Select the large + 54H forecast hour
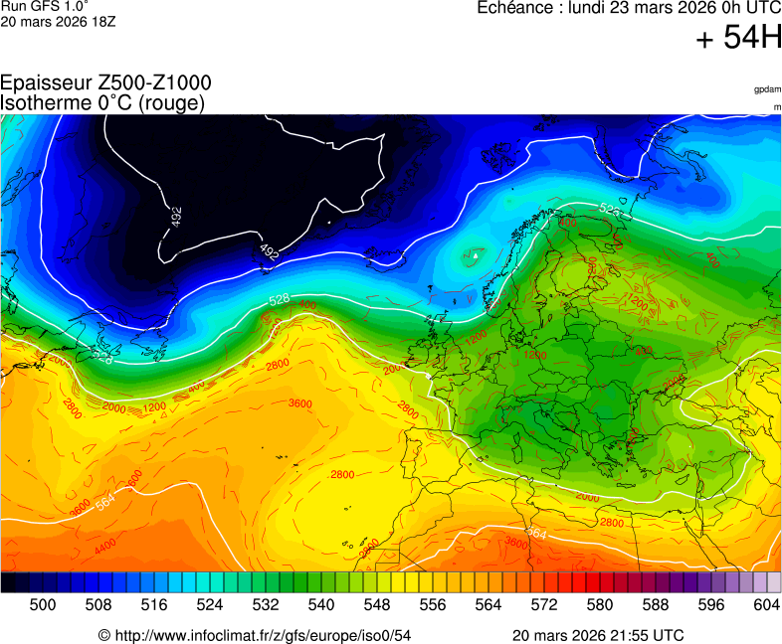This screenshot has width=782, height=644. pyautogui.click(x=738, y=39)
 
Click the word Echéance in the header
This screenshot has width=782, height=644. pyautogui.click(x=515, y=7)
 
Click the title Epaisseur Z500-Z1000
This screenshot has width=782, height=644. pyautogui.click(x=105, y=83)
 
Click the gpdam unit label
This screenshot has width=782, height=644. pyautogui.click(x=766, y=89)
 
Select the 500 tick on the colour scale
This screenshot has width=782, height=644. pyautogui.click(x=42, y=604)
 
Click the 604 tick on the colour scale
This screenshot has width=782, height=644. pyautogui.click(x=766, y=604)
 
